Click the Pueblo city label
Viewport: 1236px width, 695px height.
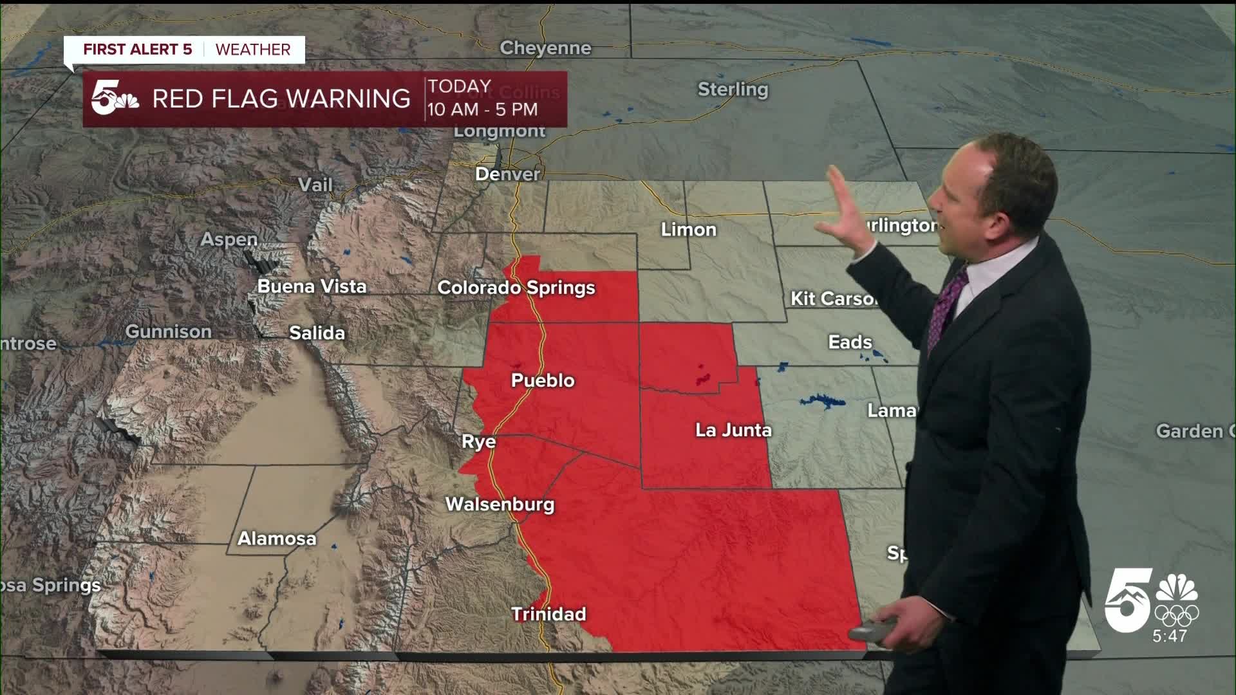tap(543, 380)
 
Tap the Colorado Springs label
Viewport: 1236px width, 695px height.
tap(516, 288)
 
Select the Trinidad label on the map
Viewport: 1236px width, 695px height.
tap(548, 614)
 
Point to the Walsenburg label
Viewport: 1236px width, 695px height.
tap(500, 504)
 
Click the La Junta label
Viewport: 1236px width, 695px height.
tap(733, 430)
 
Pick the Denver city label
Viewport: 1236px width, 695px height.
tap(507, 174)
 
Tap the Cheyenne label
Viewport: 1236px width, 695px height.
tap(545, 48)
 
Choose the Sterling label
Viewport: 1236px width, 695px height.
tap(733, 89)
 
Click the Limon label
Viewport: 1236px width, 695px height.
tap(688, 230)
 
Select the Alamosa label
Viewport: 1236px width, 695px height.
tap(277, 539)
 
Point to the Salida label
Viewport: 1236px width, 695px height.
tap(317, 333)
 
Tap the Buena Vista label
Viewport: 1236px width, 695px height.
tap(312, 286)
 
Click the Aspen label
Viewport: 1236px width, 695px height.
tap(229, 239)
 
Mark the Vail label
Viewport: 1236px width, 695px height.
tap(315, 185)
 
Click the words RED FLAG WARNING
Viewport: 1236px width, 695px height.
tap(281, 98)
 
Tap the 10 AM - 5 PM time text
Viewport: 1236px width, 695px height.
tap(482, 109)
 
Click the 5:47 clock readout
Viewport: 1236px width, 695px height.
tap(1169, 636)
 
